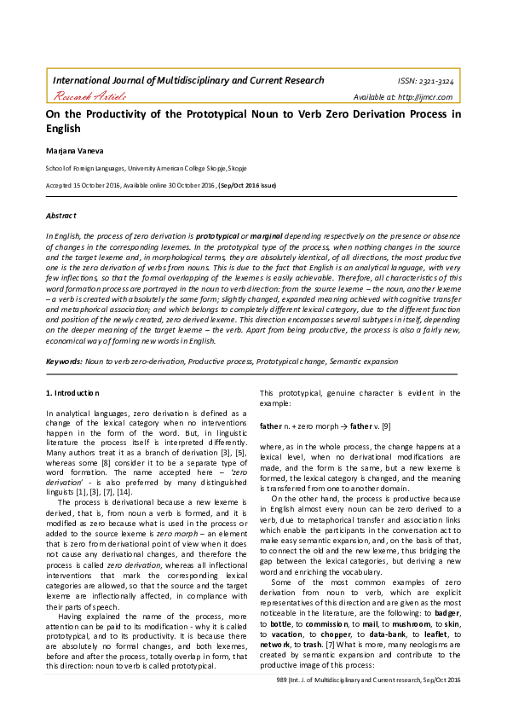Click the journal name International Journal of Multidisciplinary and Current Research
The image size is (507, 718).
click(188, 80)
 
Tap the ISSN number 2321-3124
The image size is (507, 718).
click(428, 81)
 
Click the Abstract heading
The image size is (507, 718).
click(60, 215)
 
